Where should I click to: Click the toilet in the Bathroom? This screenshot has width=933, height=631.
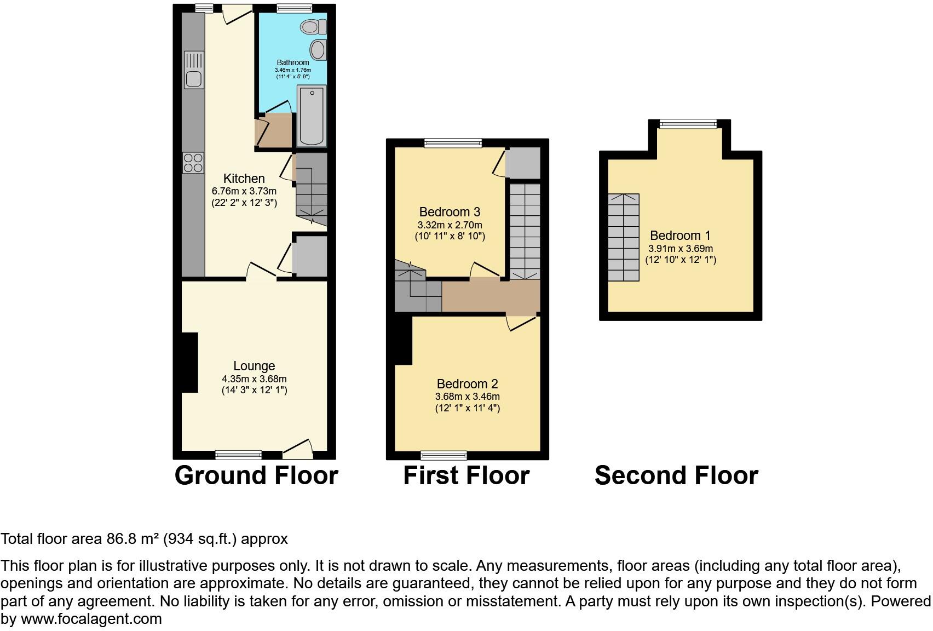[x=315, y=26]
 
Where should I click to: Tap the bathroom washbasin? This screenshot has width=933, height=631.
[x=318, y=50]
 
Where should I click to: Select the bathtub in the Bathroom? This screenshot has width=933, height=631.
[x=311, y=116]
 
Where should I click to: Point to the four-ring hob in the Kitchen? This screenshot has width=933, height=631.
[x=193, y=162]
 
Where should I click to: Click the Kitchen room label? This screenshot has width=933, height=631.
[x=244, y=179]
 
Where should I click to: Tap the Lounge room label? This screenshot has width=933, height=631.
[x=254, y=366]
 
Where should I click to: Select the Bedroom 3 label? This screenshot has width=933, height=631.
[x=450, y=212]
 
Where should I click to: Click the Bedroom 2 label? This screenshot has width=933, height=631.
[x=467, y=384]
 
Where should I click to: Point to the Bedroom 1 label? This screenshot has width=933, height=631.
[x=680, y=236]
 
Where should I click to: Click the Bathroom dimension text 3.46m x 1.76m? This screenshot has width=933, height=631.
[x=293, y=70]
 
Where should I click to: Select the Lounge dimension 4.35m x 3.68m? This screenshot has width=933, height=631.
[x=254, y=378]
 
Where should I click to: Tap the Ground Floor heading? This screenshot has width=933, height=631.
[x=256, y=475]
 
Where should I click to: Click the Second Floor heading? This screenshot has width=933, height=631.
[x=676, y=475]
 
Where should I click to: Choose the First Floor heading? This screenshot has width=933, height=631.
[x=466, y=475]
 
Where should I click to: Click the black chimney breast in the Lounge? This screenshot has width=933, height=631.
[x=189, y=363]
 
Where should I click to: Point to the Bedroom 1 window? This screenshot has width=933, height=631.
[x=688, y=124]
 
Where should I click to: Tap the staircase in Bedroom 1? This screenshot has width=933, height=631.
[x=623, y=237]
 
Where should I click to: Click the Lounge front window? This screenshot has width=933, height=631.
[x=238, y=454]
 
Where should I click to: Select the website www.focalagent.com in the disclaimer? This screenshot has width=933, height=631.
[x=91, y=619]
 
